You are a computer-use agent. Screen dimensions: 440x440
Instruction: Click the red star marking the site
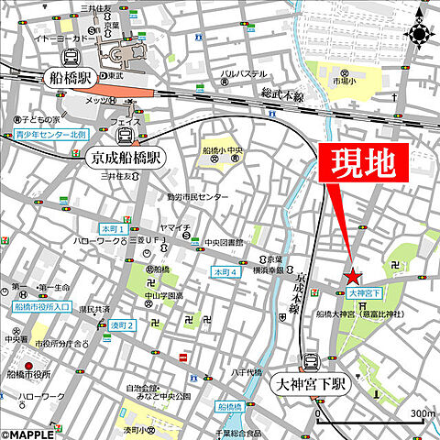(x=352, y=276)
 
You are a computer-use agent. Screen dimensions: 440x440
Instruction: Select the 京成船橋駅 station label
(x=127, y=158)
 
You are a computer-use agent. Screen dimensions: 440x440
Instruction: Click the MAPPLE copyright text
(x=28, y=433)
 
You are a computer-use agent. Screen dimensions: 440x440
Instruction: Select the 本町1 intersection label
(x=113, y=228)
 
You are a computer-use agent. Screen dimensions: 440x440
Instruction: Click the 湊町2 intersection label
(x=122, y=325)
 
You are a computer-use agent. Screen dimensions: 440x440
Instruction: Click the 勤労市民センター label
(x=198, y=196)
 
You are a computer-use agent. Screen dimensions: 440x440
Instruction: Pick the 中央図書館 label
(x=223, y=243)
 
